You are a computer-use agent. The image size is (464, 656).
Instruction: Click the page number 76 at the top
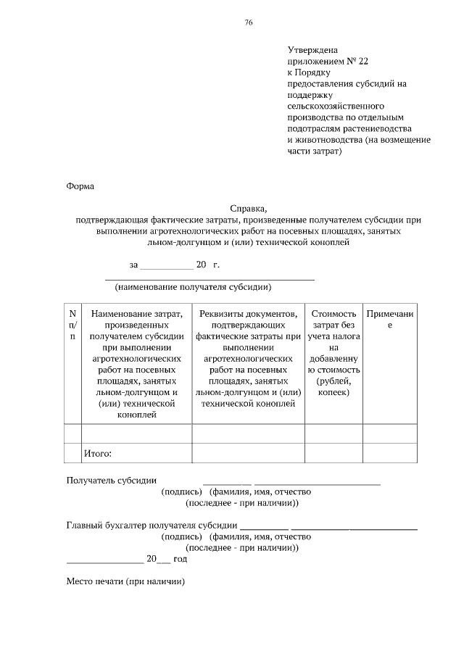coord(249,23)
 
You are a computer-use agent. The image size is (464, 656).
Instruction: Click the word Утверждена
coord(313,50)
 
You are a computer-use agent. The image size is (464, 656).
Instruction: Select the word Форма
coord(80,186)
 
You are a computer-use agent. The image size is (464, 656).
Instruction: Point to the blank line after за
coord(166,266)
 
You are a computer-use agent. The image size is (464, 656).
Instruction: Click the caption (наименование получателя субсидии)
coord(193,287)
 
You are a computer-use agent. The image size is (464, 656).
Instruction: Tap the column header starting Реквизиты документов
coord(248,358)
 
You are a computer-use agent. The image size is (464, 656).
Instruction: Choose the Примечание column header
coord(389,320)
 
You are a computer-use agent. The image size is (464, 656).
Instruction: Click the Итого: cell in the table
coord(98,454)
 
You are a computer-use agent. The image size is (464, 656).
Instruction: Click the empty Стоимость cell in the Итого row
coord(333,454)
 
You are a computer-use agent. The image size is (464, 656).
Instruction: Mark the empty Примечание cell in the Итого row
coord(389,454)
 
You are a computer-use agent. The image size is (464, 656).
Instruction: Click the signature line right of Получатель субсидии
coord(227,481)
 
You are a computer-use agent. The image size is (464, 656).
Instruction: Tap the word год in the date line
coord(180,559)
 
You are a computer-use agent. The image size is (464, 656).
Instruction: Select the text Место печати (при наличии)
coord(126,581)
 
